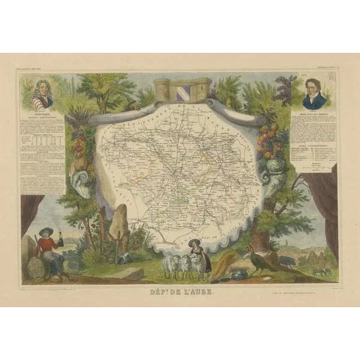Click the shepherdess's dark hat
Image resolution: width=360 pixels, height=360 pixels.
195,241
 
